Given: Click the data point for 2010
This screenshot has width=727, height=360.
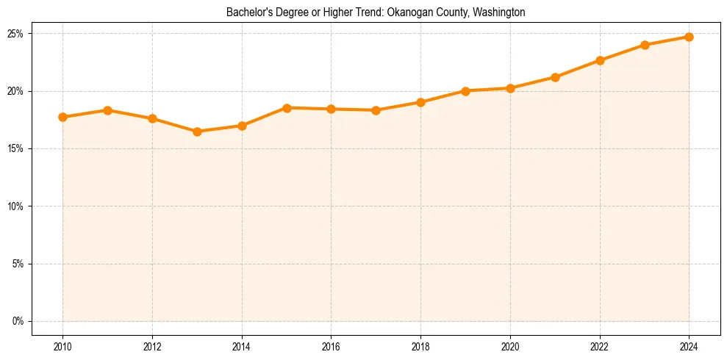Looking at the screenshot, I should (62, 117).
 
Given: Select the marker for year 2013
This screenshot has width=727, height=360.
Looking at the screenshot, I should (197, 132).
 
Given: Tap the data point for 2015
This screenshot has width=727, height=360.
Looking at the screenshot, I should (287, 108).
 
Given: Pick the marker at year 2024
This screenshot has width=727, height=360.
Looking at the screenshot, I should (689, 37).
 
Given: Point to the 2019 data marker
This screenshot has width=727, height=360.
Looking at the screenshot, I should (465, 91).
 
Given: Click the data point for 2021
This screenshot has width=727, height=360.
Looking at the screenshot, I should (555, 77).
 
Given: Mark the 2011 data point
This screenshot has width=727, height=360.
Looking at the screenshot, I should (107, 110).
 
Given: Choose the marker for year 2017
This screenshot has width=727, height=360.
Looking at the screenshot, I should (376, 110).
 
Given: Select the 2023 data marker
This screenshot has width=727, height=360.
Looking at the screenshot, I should (645, 45).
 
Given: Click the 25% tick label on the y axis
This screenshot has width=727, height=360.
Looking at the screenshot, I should (15, 34).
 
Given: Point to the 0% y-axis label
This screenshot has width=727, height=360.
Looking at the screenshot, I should (18, 321).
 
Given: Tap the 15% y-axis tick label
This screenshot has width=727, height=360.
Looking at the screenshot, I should (15, 148).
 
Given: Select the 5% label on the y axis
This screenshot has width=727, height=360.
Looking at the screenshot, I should (18, 264).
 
